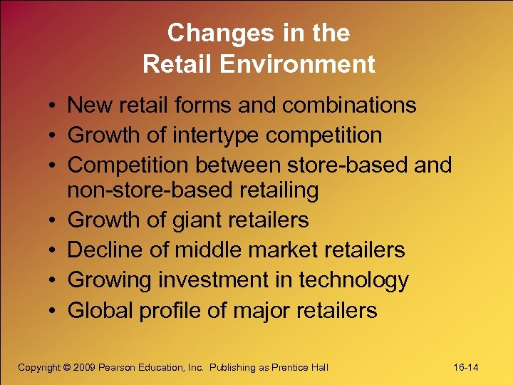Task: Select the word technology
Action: tap(353, 280)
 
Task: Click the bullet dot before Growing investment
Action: tap(54, 281)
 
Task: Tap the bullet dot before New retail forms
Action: tap(54, 106)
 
